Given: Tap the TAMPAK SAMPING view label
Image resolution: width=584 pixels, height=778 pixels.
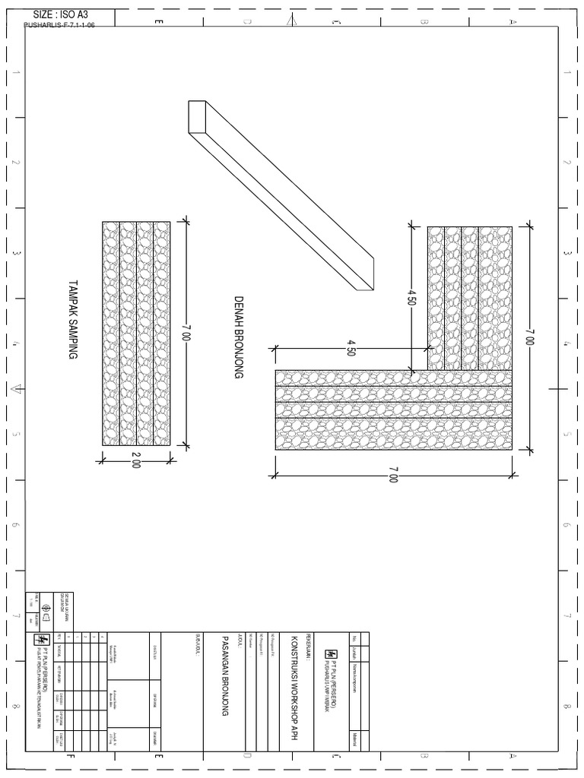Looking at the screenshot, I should point(73,320).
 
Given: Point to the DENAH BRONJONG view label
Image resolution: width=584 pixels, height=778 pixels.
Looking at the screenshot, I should point(238,337).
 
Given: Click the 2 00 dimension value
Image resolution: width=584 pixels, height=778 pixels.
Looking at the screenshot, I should point(136,460).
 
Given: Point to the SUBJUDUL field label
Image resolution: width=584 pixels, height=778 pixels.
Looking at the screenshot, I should point(198,645).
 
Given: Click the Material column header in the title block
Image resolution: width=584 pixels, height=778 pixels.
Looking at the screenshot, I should point(354,740).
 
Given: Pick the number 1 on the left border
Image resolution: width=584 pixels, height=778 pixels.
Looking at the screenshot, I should point(16,74).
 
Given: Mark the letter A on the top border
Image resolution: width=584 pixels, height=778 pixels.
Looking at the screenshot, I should point(513,21).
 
